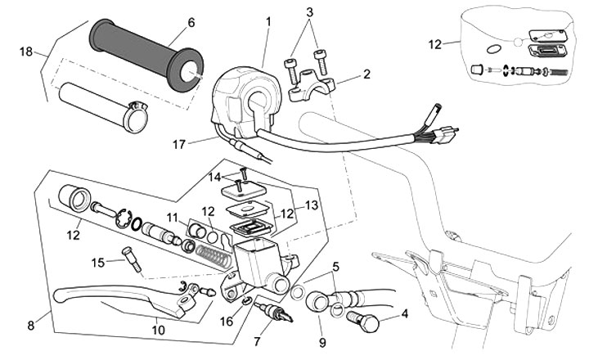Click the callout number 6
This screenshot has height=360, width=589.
(191, 23)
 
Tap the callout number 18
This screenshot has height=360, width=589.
(26, 52)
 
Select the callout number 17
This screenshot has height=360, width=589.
(179, 144)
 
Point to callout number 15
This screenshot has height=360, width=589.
(98, 263)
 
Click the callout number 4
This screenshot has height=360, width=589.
(405, 313)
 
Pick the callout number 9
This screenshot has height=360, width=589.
(322, 342)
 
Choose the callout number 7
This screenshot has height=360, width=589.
(257, 341)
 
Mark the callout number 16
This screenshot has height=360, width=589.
(227, 322)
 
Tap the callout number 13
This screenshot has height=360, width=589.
(312, 205)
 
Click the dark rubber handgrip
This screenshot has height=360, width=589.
(146, 56)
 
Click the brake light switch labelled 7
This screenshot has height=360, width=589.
(273, 311)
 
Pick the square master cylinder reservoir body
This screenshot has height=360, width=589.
(259, 263)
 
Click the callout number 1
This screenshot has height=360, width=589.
(268, 22)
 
